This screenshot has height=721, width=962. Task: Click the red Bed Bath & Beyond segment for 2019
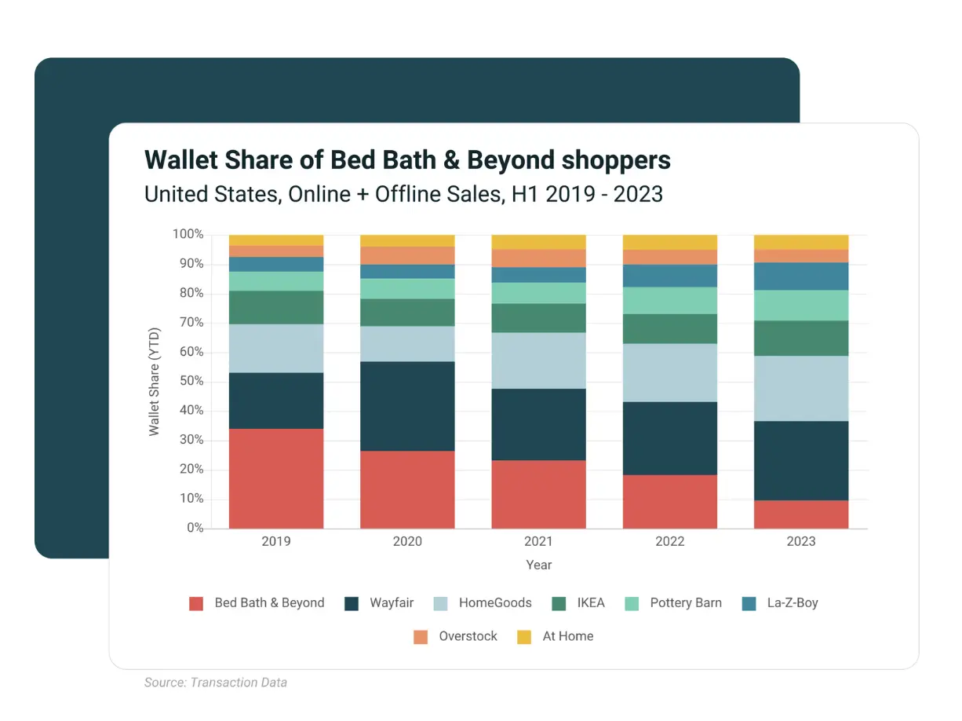(276, 478)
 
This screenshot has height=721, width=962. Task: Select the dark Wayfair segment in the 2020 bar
(407, 405)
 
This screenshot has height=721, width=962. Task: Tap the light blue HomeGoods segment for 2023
(801, 388)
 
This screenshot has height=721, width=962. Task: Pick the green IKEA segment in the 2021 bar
(538, 317)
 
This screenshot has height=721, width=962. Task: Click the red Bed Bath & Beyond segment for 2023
(801, 514)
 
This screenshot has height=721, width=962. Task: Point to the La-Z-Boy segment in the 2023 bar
(801, 276)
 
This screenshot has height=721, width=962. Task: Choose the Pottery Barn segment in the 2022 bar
(670, 300)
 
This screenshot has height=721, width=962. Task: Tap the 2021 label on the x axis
(538, 541)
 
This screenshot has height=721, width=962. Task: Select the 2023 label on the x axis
(801, 541)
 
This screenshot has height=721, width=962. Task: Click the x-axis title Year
(538, 565)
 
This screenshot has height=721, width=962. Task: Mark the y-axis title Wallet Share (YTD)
(155, 382)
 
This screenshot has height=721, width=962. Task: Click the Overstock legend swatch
(421, 637)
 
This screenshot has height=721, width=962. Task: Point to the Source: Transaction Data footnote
(216, 683)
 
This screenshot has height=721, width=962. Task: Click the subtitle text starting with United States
(403, 193)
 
